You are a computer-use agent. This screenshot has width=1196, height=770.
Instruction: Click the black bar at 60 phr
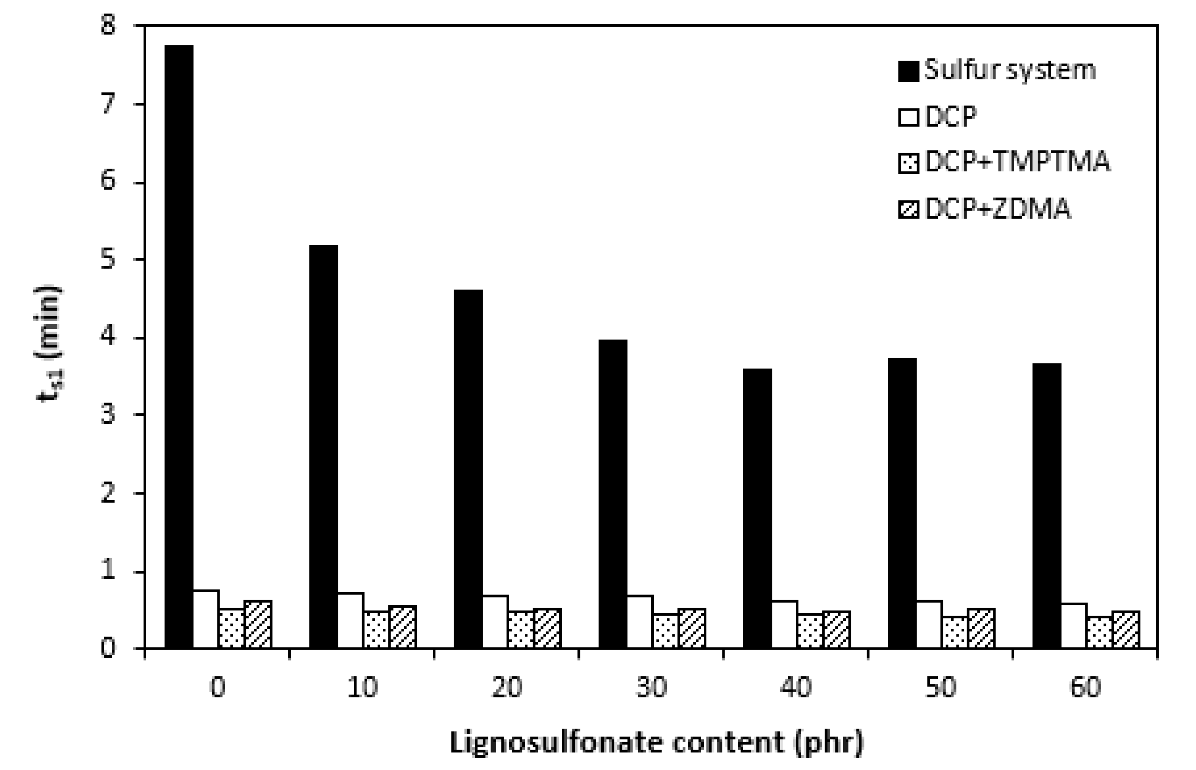1046,506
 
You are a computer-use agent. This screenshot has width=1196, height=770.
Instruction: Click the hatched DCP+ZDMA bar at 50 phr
981,628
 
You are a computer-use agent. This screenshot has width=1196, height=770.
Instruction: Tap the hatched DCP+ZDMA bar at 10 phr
403,627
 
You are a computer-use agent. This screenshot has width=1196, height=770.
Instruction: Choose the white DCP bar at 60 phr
1073,625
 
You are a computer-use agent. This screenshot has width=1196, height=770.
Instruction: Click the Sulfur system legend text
1009,70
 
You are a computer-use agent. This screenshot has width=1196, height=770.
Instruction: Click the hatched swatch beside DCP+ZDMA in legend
909,209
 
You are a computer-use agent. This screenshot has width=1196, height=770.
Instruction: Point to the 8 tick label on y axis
108,25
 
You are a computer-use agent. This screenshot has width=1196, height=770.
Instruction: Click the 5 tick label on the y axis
108,259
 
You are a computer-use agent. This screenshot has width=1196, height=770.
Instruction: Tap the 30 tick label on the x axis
651,687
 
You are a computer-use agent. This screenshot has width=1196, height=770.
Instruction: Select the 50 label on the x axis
940,687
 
